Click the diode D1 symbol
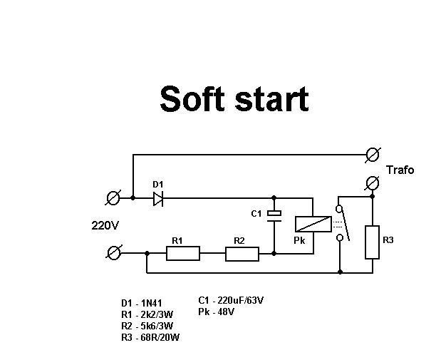158,199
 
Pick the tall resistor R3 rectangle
373,242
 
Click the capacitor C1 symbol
274,217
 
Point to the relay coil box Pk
313,224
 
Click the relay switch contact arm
345,225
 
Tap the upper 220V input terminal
113,198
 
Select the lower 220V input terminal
114,253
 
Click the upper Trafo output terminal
373,155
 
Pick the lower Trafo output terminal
373,183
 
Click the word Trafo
400,170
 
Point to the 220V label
105,225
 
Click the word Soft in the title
192,99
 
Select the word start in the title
271,100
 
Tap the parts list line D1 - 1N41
142,303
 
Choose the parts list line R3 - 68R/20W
150,337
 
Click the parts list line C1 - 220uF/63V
231,300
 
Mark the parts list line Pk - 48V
217,312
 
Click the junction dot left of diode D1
133,197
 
